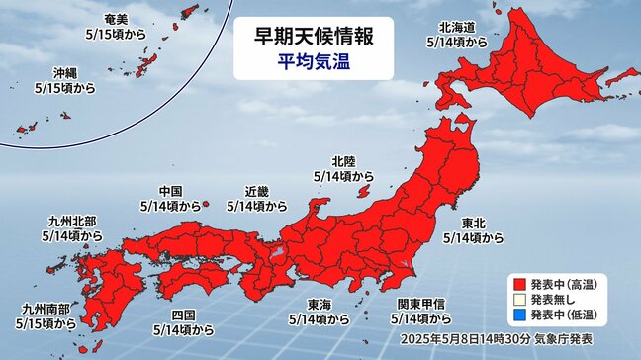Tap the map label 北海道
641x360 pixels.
click(x=456, y=27)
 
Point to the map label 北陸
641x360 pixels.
click(x=342, y=160)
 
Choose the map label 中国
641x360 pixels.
click(x=170, y=191)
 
